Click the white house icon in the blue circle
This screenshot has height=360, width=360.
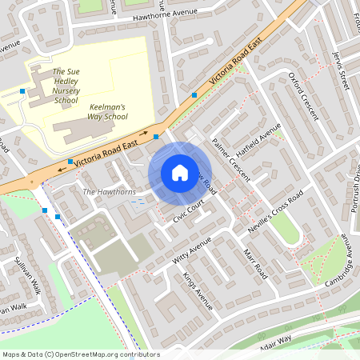tap(179, 172)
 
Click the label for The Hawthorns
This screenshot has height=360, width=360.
tap(110, 192)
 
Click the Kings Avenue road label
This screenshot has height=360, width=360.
tap(198, 292)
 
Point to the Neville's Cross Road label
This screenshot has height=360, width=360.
tap(274, 210)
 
